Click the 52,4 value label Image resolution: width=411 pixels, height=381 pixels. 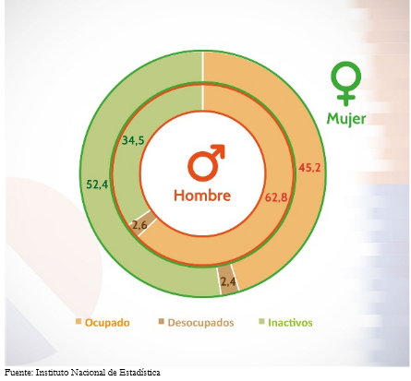(x=97, y=185)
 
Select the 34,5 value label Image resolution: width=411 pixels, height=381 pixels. (x=133, y=140)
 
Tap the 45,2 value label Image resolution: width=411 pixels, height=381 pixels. (x=309, y=168)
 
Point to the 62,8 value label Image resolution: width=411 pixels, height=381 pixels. (x=276, y=197)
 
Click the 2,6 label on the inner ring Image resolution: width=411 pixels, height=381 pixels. (x=139, y=225)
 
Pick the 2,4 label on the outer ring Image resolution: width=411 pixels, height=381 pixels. (x=228, y=281)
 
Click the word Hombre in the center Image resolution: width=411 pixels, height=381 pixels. (x=202, y=196)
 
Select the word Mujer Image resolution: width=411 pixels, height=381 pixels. (x=346, y=119)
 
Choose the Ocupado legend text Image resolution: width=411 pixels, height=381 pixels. (x=107, y=323)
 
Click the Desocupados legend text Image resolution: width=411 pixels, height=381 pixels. (x=200, y=323)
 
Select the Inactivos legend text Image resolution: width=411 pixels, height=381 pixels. (x=290, y=323)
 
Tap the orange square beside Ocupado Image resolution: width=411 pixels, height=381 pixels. (x=79, y=322)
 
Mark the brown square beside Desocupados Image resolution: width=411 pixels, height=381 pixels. (x=162, y=322)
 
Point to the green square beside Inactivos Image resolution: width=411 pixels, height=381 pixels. (x=261, y=322)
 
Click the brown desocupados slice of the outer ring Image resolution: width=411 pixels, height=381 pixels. (x=228, y=280)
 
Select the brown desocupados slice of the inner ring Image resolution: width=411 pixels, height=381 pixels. (x=140, y=223)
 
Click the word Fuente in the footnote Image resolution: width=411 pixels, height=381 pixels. (x=18, y=373)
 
